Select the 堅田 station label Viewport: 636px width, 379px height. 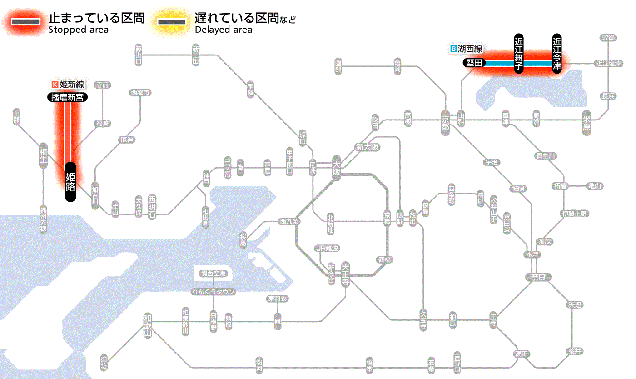(x=474, y=63)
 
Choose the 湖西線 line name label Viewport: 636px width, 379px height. (x=470, y=49)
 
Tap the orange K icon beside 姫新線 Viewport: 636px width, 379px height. (x=55, y=84)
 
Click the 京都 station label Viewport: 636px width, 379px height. (x=446, y=120)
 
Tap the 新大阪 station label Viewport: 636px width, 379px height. (x=367, y=147)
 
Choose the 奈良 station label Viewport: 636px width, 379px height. (x=538, y=277)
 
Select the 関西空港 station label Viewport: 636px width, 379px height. (x=214, y=273)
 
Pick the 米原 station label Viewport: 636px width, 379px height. (x=587, y=124)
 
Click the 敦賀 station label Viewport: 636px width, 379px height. (x=608, y=38)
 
